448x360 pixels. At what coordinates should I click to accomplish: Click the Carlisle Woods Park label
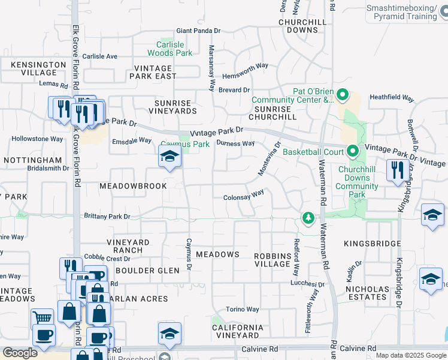pos(174,49)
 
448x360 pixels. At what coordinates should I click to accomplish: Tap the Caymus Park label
pos(184,145)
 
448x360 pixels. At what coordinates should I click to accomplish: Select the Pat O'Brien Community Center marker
pos(343,95)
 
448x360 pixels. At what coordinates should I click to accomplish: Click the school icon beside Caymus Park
pos(170,158)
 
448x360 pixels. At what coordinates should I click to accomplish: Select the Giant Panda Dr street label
pos(198,31)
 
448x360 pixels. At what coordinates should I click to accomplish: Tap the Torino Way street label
pos(243,310)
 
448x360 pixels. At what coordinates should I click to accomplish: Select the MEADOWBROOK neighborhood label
pos(133,187)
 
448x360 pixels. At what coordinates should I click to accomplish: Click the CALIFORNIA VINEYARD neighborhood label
pos(238,332)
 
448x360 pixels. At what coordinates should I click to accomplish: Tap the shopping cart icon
pos(43,318)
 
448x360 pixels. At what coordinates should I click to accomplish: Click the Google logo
pos(20,353)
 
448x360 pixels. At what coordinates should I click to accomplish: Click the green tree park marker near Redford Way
pos(308,217)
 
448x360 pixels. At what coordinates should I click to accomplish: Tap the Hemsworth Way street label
pos(245,67)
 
